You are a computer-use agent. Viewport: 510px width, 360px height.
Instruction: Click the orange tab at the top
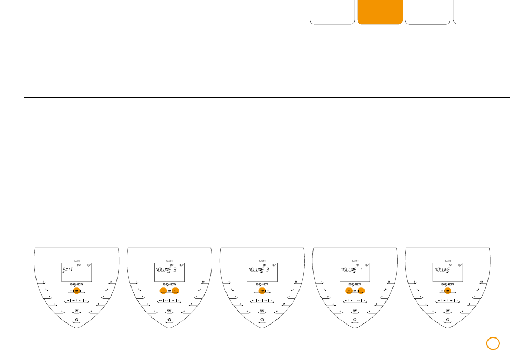[x=380, y=12]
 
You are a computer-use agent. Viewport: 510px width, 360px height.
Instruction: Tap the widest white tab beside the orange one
[x=481, y=12]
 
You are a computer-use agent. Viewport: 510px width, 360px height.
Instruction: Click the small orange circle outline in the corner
[x=493, y=342]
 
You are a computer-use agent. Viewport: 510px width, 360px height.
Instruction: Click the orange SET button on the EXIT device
[x=76, y=291]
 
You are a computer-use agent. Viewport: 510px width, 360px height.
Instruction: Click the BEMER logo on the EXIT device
[x=76, y=284]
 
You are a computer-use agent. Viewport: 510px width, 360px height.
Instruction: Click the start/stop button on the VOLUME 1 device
[x=354, y=311]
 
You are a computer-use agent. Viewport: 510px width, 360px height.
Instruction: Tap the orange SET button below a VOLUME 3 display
[x=262, y=291]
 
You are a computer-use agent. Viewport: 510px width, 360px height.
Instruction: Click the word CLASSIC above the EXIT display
[x=76, y=260]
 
